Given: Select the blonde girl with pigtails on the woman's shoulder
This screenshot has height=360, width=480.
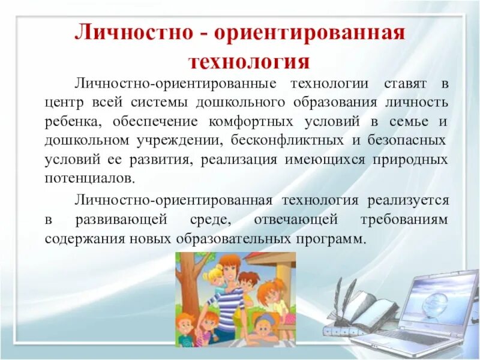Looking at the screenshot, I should (x=214, y=281).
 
